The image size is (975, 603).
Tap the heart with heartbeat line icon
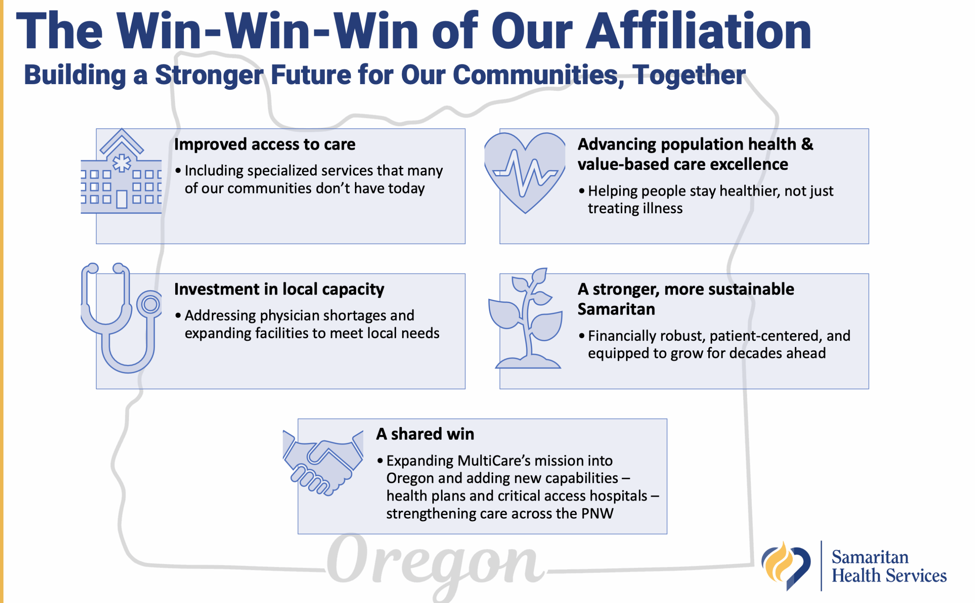525,173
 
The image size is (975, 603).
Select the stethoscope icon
121,318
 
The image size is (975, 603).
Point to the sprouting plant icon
526,318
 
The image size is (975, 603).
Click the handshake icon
323,463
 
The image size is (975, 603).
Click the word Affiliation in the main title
698,31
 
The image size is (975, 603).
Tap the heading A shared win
425,434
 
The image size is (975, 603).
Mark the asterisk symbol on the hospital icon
121,163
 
